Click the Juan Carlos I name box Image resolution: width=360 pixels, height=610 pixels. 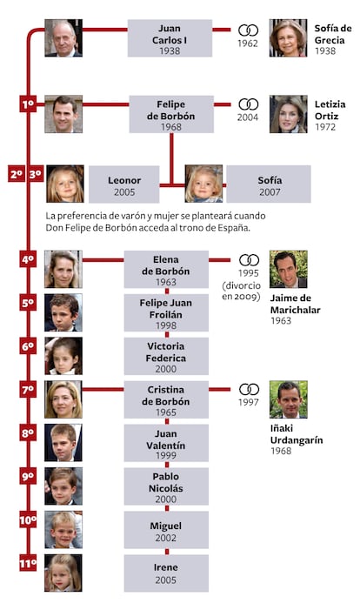[x=170, y=38]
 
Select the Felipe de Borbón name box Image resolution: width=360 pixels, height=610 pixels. [x=171, y=114]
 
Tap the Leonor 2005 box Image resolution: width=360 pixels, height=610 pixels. [x=124, y=184]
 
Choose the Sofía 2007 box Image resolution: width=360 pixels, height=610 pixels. [x=269, y=184]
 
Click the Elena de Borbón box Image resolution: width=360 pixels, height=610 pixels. [x=166, y=269]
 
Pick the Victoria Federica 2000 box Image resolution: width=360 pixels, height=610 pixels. [x=166, y=356]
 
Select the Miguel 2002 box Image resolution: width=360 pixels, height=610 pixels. [x=166, y=530]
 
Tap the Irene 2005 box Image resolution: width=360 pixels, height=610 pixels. [x=166, y=573]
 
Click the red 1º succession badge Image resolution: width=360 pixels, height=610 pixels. [x=28, y=104]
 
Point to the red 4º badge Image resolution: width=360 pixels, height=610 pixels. [x=28, y=259]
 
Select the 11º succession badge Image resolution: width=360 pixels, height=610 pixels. [x=28, y=563]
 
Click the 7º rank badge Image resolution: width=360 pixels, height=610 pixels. [x=28, y=390]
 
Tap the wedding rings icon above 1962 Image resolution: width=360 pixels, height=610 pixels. [x=249, y=30]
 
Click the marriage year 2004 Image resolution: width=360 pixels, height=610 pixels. [x=248, y=117]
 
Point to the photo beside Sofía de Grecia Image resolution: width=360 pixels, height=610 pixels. [x=288, y=38]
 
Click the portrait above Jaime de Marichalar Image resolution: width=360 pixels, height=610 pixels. [x=289, y=269]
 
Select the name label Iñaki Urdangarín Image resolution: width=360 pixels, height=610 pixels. [x=297, y=434]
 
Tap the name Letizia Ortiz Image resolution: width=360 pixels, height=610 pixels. [x=330, y=110]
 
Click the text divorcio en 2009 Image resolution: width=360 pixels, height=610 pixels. [x=242, y=292]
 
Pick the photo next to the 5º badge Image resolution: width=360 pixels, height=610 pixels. [x=63, y=312]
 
